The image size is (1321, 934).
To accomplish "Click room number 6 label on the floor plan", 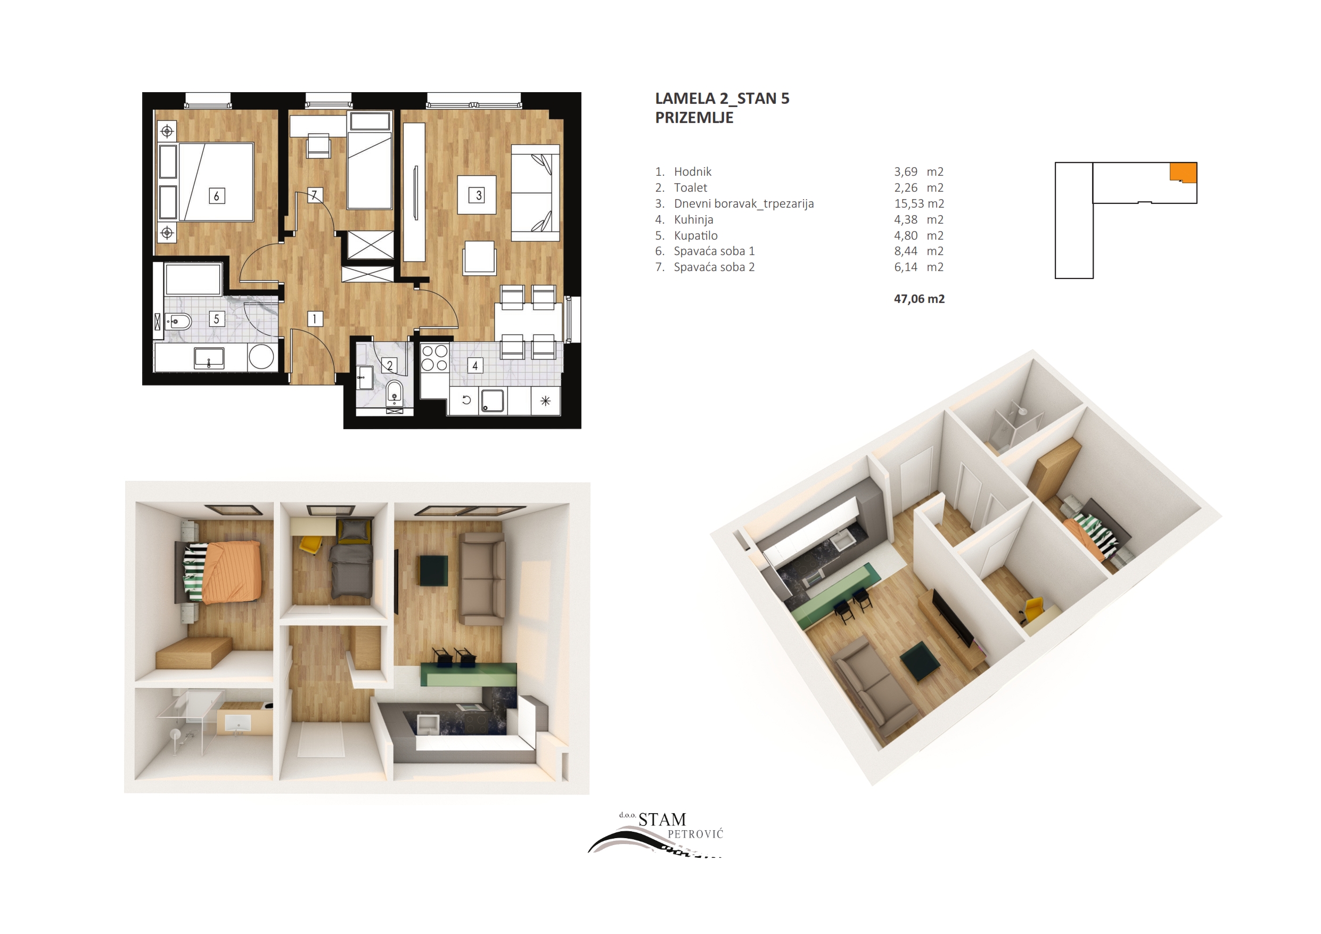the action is click(216, 195).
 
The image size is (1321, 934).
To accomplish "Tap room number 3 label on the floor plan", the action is click(478, 195).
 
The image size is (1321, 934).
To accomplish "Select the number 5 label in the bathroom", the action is click(216, 319).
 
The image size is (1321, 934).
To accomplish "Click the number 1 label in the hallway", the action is click(315, 319).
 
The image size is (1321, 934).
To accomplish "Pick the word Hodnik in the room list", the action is click(693, 171).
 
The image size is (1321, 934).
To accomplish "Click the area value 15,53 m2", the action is click(919, 204).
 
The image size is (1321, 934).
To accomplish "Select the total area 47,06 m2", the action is click(919, 299).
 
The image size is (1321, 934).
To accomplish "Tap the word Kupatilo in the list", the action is click(695, 235).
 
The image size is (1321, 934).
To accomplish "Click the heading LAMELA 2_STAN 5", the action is click(722, 99).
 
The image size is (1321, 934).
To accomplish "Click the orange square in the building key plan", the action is click(1184, 172).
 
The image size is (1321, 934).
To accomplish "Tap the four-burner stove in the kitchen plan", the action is click(434, 357).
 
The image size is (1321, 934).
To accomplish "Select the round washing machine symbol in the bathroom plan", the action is click(261, 357).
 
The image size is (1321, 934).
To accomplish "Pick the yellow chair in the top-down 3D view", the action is click(310, 544).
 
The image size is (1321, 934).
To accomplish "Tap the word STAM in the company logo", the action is click(662, 820).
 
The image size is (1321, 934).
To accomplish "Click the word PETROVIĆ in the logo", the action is click(695, 834).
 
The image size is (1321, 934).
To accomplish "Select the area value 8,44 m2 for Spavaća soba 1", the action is click(919, 251).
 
